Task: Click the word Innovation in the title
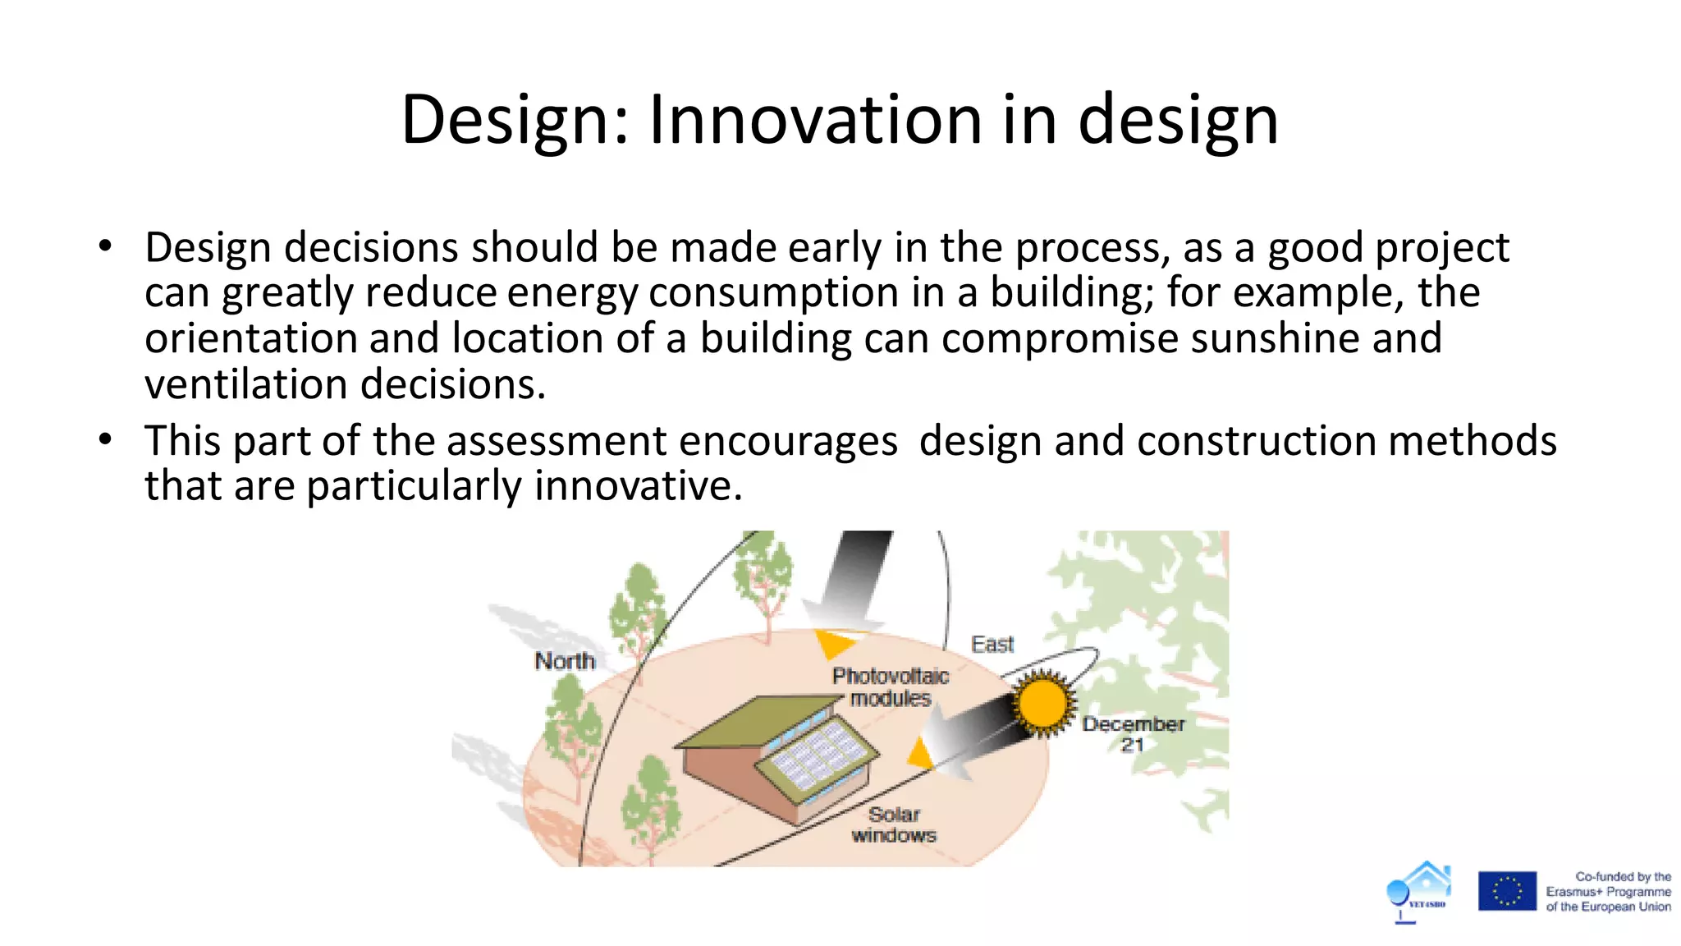[816, 120]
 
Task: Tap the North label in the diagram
[565, 660]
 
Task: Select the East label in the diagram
[992, 645]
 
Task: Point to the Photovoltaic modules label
[891, 687]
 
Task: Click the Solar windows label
[894, 824]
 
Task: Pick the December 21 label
[1133, 734]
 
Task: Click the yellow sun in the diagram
[1042, 703]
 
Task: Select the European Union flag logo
[1507, 891]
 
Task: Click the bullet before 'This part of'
[105, 439]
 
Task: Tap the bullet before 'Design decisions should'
[105, 246]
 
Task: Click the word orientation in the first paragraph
[251, 338]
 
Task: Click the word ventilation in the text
[246, 384]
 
